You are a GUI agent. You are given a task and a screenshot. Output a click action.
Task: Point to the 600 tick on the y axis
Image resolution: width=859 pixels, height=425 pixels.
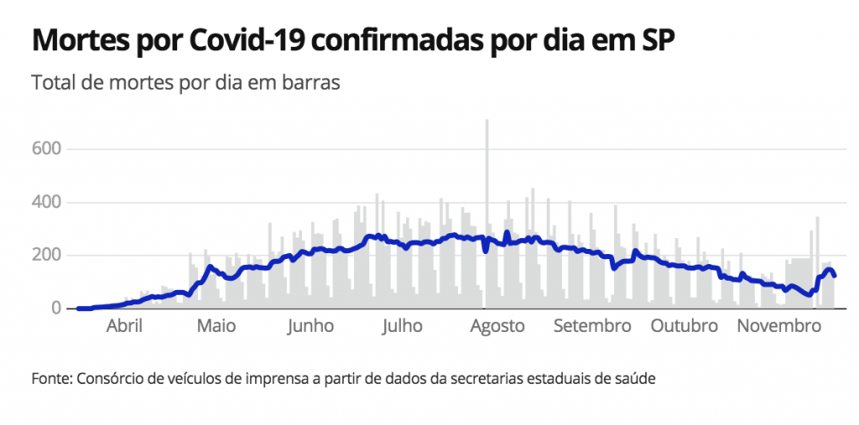click(x=47, y=149)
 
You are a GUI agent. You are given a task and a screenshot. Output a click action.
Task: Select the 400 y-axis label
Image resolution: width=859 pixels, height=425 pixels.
click(x=47, y=202)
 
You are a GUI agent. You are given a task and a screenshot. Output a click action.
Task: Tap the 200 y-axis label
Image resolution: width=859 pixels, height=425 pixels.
click(x=47, y=255)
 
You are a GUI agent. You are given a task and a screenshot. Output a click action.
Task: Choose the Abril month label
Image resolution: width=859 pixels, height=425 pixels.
click(x=124, y=326)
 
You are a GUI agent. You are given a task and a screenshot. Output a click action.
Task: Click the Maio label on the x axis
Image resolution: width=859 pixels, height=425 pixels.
click(x=216, y=326)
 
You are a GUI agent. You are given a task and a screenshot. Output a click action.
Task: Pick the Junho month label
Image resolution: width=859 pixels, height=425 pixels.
click(x=310, y=326)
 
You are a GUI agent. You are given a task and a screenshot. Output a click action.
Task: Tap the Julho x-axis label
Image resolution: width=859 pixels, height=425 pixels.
click(x=402, y=326)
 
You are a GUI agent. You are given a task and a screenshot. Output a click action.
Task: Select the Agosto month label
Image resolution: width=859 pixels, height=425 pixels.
click(x=497, y=326)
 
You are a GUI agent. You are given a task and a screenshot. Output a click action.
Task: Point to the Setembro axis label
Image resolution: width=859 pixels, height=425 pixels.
click(x=592, y=326)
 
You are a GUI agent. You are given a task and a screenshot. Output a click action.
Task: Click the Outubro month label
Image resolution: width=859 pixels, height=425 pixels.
click(x=685, y=326)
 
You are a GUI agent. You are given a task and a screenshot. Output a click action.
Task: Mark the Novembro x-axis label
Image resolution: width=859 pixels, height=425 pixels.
click(x=778, y=326)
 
